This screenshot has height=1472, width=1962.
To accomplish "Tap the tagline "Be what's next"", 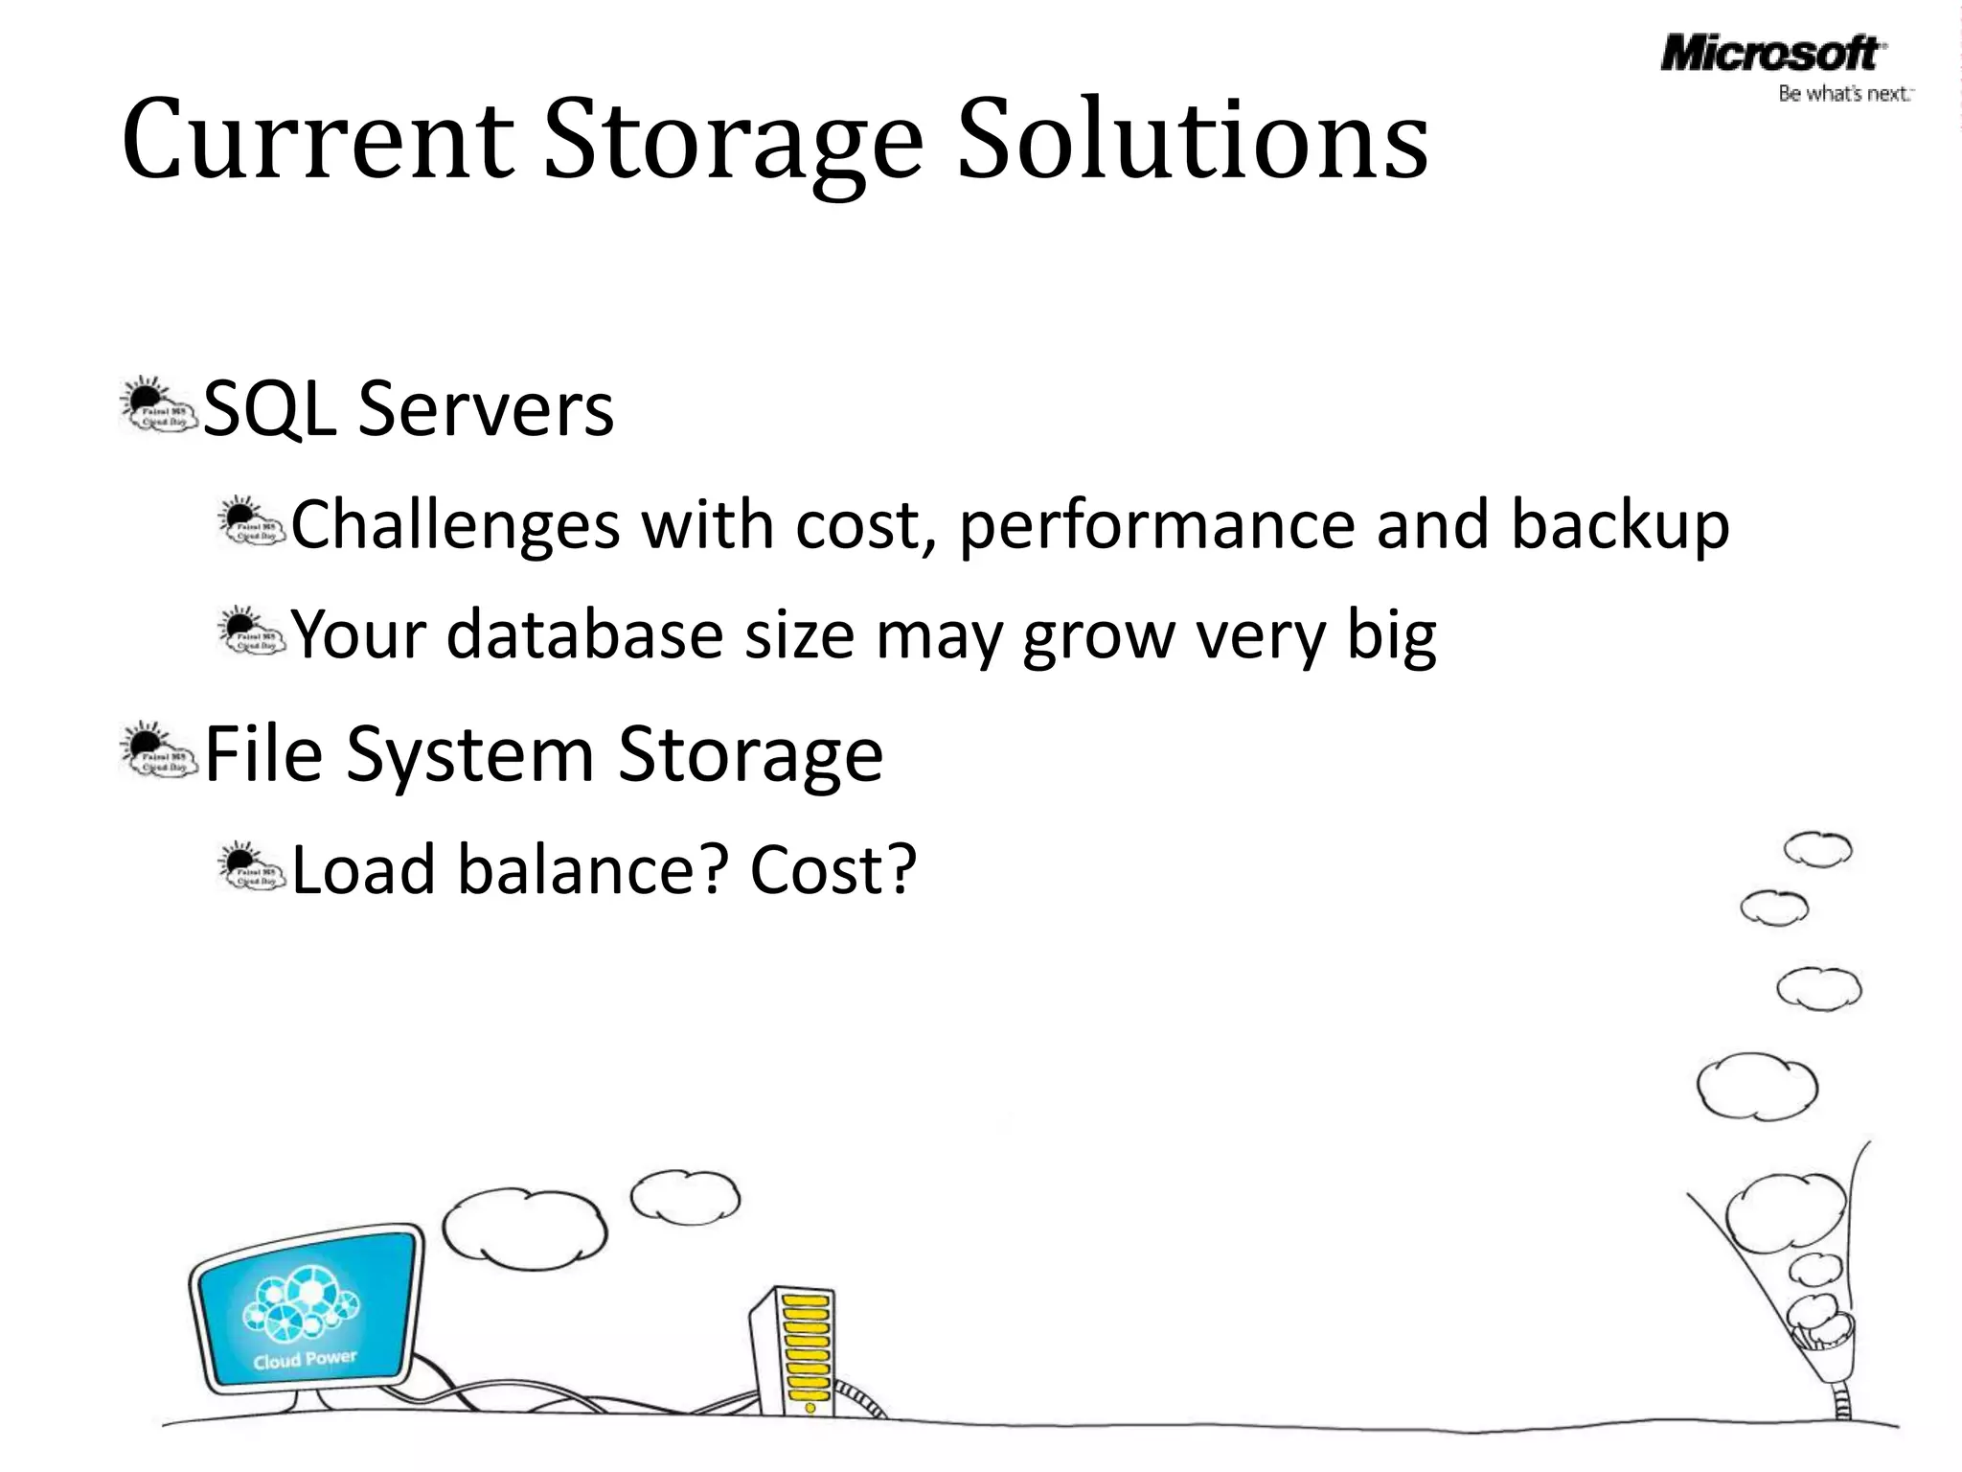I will tap(1844, 94).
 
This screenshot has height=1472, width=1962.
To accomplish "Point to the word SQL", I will tap(269, 409).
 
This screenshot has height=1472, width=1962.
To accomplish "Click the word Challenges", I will tap(455, 525).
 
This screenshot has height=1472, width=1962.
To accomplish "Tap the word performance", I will tap(1156, 525).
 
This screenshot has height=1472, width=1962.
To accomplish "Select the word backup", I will tap(1620, 525).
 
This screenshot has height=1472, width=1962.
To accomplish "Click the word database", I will tap(584, 634).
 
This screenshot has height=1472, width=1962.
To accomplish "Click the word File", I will tap(263, 754).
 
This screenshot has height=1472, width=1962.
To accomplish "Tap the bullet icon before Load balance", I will tap(251, 868).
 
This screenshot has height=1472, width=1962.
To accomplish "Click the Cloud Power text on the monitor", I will tap(305, 1359).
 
